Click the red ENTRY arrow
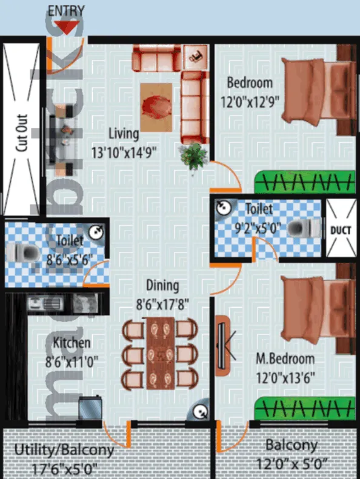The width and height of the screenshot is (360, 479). tap(67, 27)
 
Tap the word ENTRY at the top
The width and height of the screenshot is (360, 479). tap(67, 10)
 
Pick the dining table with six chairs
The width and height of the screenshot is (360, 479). tap(160, 354)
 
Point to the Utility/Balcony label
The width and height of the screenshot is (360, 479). tap(64, 450)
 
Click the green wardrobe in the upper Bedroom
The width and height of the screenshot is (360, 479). tap(304, 180)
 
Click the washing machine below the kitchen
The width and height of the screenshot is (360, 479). tap(90, 408)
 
